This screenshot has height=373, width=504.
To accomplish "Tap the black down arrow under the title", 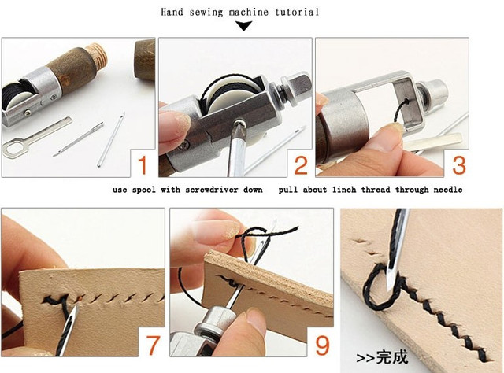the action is pos(244,26).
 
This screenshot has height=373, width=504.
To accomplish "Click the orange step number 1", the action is pos(143,165).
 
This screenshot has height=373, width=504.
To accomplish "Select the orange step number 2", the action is pos(301,165).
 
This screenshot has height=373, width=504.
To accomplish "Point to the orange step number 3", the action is pos(458,165).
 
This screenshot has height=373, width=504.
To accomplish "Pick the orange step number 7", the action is pos(152,344).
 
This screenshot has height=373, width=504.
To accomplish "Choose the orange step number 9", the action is pos(322,345).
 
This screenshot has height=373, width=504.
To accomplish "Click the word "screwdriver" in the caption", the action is pos(212,190).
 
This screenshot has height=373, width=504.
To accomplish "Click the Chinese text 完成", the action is pos(392,357).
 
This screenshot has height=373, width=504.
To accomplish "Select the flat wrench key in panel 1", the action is pos(35,137).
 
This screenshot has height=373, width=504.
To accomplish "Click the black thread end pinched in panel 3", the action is pos(401,112).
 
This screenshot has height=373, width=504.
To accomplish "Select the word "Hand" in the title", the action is pos(172,13).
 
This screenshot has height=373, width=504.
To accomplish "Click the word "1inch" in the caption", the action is pos(344,190).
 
